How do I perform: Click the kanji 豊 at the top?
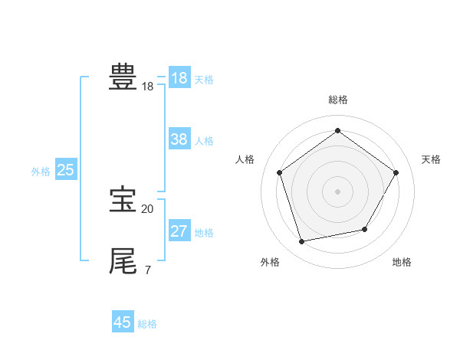click(x=123, y=77)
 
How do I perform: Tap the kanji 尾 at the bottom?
click(x=123, y=261)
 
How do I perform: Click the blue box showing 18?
click(x=179, y=78)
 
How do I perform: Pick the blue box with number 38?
click(x=179, y=139)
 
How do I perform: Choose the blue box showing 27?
click(x=179, y=231)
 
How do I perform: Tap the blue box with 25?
click(x=66, y=170)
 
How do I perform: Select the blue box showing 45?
click(x=123, y=322)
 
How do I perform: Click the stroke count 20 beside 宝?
click(x=147, y=208)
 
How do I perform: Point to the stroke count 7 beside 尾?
click(x=147, y=270)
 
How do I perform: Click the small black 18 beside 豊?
click(x=147, y=87)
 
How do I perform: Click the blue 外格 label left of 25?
click(x=41, y=172)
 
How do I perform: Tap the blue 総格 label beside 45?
click(x=147, y=324)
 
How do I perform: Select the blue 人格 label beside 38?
click(x=204, y=141)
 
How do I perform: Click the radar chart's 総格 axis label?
click(x=337, y=100)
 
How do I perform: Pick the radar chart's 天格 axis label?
click(x=431, y=159)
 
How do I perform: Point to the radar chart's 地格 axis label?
click(x=402, y=262)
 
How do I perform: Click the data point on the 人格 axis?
click(x=279, y=172)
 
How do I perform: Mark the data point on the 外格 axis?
click(x=302, y=242)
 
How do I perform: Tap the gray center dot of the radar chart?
click(x=337, y=191)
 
